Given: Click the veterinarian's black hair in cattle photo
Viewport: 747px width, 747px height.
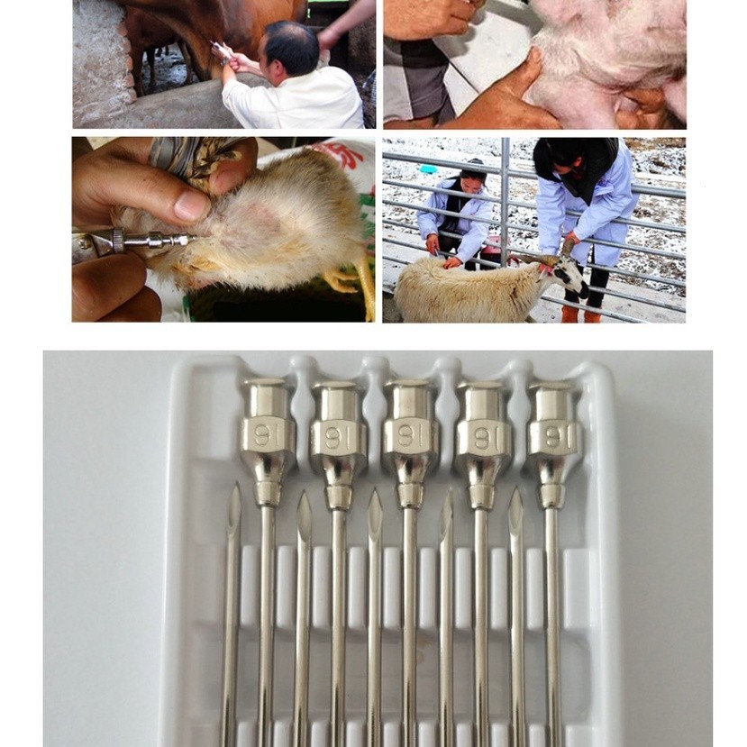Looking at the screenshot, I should click(x=290, y=46).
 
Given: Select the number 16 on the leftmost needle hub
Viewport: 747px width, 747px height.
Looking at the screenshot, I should click(x=262, y=435).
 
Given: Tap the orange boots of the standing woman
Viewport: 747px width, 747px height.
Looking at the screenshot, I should click(x=579, y=314).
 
